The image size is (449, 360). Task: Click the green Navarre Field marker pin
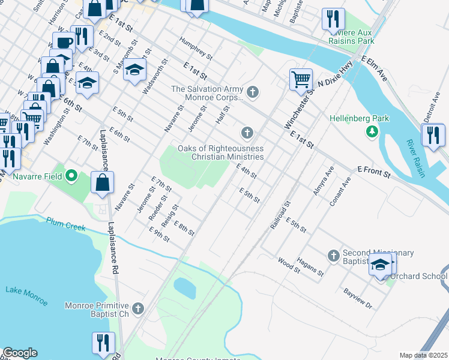(x=71, y=176)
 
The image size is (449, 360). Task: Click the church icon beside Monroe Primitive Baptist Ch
(x=138, y=309)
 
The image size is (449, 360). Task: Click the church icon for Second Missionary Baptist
(x=334, y=256)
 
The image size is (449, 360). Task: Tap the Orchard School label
(x=418, y=277)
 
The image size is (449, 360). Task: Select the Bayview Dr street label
(x=358, y=298)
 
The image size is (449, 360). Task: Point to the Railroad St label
(x=280, y=216)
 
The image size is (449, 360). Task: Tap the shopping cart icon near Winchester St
(x=300, y=79)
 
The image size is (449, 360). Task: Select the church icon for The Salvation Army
(x=253, y=92)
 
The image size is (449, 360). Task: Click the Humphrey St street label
(x=196, y=47)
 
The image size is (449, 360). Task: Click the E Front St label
(x=374, y=173)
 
